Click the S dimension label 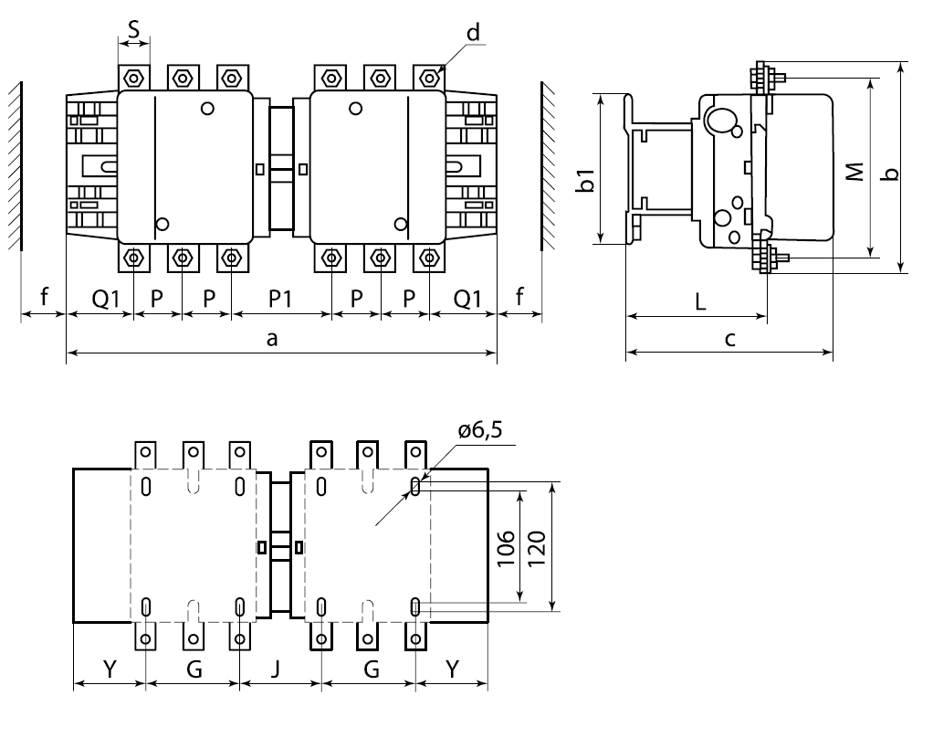coord(134,29)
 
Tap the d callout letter coord(472,33)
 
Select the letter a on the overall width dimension coord(271,340)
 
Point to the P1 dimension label coord(280,299)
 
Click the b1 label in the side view coord(587,180)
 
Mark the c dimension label coord(729,340)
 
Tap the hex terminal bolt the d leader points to coord(426,76)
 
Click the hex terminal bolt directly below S coord(134,76)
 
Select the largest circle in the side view coord(721,120)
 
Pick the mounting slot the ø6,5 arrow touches coord(415,487)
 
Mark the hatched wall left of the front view coord(12,164)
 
